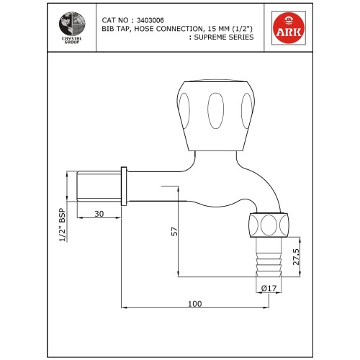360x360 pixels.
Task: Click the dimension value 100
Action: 194,303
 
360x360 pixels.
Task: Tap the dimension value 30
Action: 99,213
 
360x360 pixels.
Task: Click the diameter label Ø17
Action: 268,289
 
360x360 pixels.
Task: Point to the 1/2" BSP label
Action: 63,226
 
